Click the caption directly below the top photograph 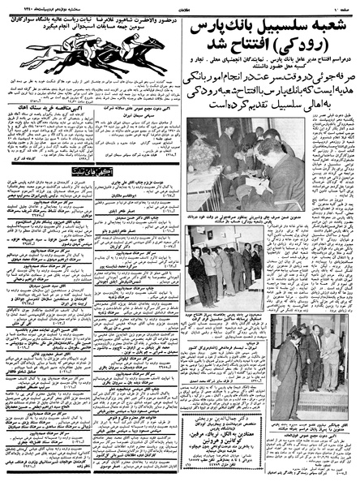(x=226, y=213)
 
